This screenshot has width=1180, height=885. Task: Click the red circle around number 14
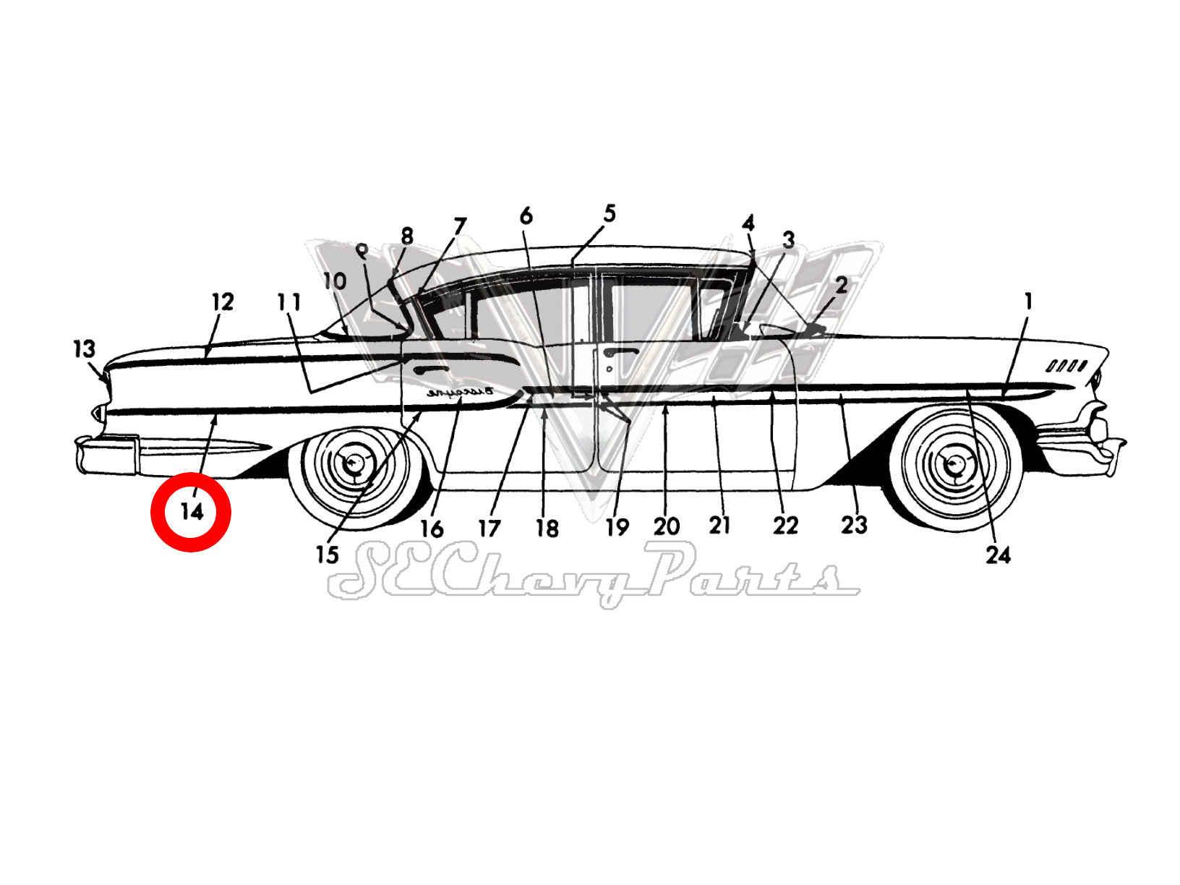click(190, 512)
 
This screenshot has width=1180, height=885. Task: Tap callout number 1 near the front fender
click(1028, 301)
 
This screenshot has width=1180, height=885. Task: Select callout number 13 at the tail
click(84, 349)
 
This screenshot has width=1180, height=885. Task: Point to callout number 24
click(998, 555)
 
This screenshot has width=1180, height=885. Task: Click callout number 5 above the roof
click(610, 214)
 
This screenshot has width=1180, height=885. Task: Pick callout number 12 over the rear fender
click(223, 302)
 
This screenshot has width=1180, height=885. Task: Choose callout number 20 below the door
click(666, 526)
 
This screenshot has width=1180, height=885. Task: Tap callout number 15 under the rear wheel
click(327, 555)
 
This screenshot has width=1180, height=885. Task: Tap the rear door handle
click(432, 369)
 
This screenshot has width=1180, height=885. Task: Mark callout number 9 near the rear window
click(362, 251)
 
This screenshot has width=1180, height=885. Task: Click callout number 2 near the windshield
click(840, 285)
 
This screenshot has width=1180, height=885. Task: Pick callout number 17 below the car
click(489, 528)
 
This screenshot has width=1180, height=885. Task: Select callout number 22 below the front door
click(785, 525)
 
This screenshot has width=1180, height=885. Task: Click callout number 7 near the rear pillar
click(460, 226)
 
